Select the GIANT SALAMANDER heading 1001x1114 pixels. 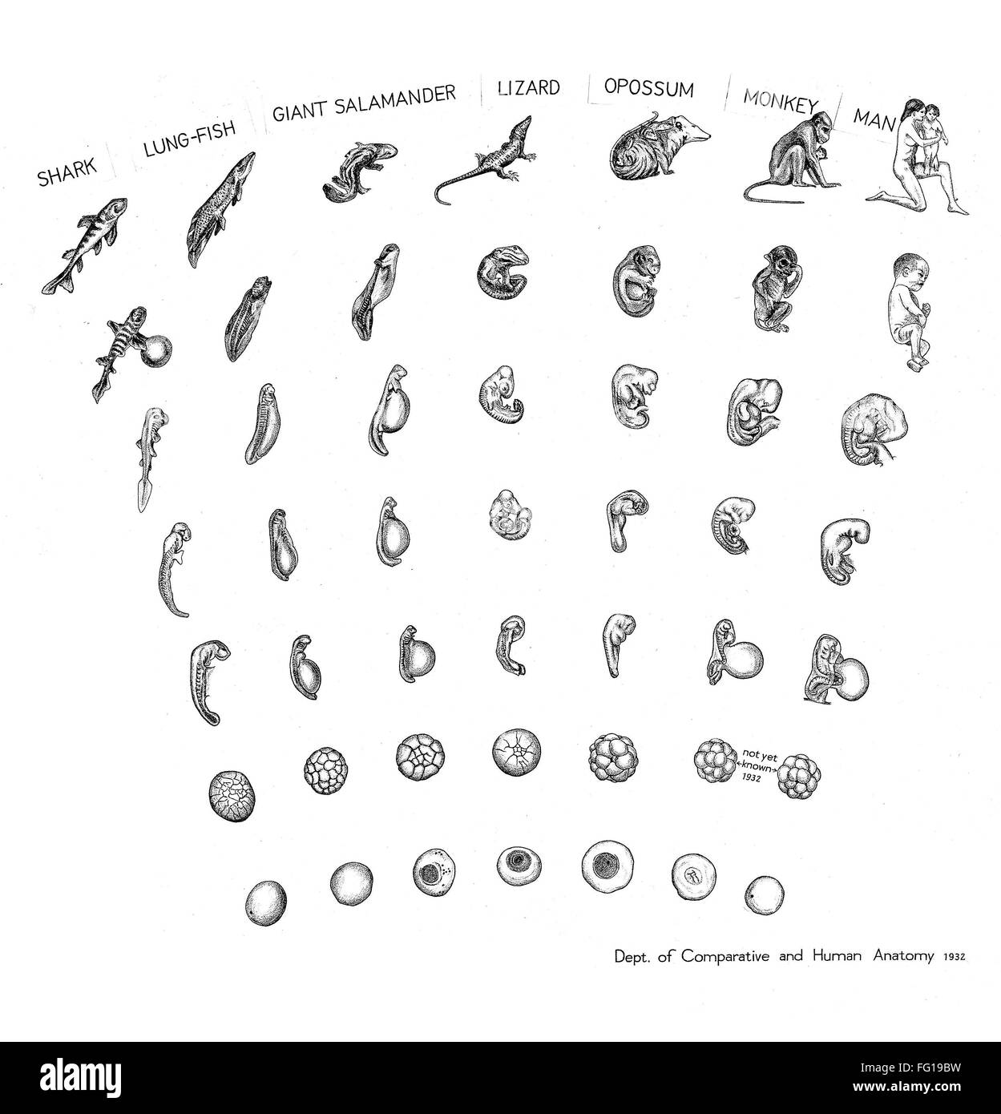pos(364,103)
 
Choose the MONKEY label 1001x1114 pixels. pos(780,102)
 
